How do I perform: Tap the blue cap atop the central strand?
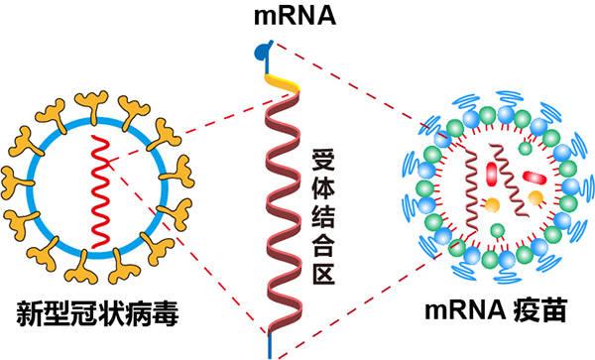coord(262,47)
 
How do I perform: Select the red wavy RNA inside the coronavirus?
coord(100,188)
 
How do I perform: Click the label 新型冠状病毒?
coord(99,315)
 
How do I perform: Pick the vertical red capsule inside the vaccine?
coord(490,175)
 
